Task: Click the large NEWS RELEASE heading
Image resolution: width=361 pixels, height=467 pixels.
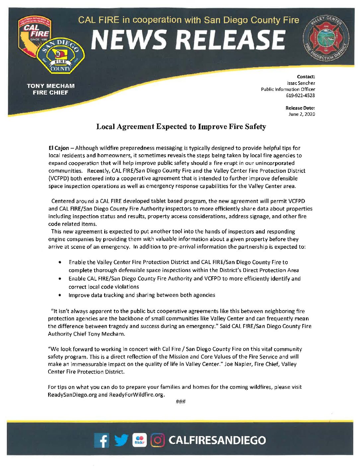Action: click(x=188, y=40)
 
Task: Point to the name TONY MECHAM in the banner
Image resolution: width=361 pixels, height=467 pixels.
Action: click(x=50, y=86)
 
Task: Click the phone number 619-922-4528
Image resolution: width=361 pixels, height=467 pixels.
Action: click(x=300, y=96)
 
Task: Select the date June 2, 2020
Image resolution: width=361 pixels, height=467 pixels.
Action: click(x=302, y=114)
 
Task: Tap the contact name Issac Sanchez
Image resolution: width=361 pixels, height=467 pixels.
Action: click(x=301, y=83)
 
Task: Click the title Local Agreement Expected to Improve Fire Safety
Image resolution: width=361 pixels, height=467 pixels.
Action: click(x=181, y=127)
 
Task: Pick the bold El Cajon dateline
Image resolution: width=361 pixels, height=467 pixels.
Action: click(x=59, y=148)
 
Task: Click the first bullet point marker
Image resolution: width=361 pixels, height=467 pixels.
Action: click(x=60, y=262)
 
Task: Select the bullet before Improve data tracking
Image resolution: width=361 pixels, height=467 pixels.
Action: click(x=60, y=295)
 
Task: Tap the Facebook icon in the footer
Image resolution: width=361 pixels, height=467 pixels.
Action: click(x=102, y=440)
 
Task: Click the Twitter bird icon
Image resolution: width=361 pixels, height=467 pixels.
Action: click(x=121, y=440)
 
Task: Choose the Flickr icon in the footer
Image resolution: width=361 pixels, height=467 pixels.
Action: click(x=140, y=440)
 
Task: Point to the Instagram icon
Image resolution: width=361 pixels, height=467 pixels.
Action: click(x=158, y=440)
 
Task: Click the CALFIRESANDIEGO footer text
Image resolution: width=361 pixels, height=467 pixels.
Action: click(x=217, y=440)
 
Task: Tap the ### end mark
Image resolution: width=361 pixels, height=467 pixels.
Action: click(x=180, y=402)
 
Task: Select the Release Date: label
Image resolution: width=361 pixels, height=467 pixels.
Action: click(x=300, y=108)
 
